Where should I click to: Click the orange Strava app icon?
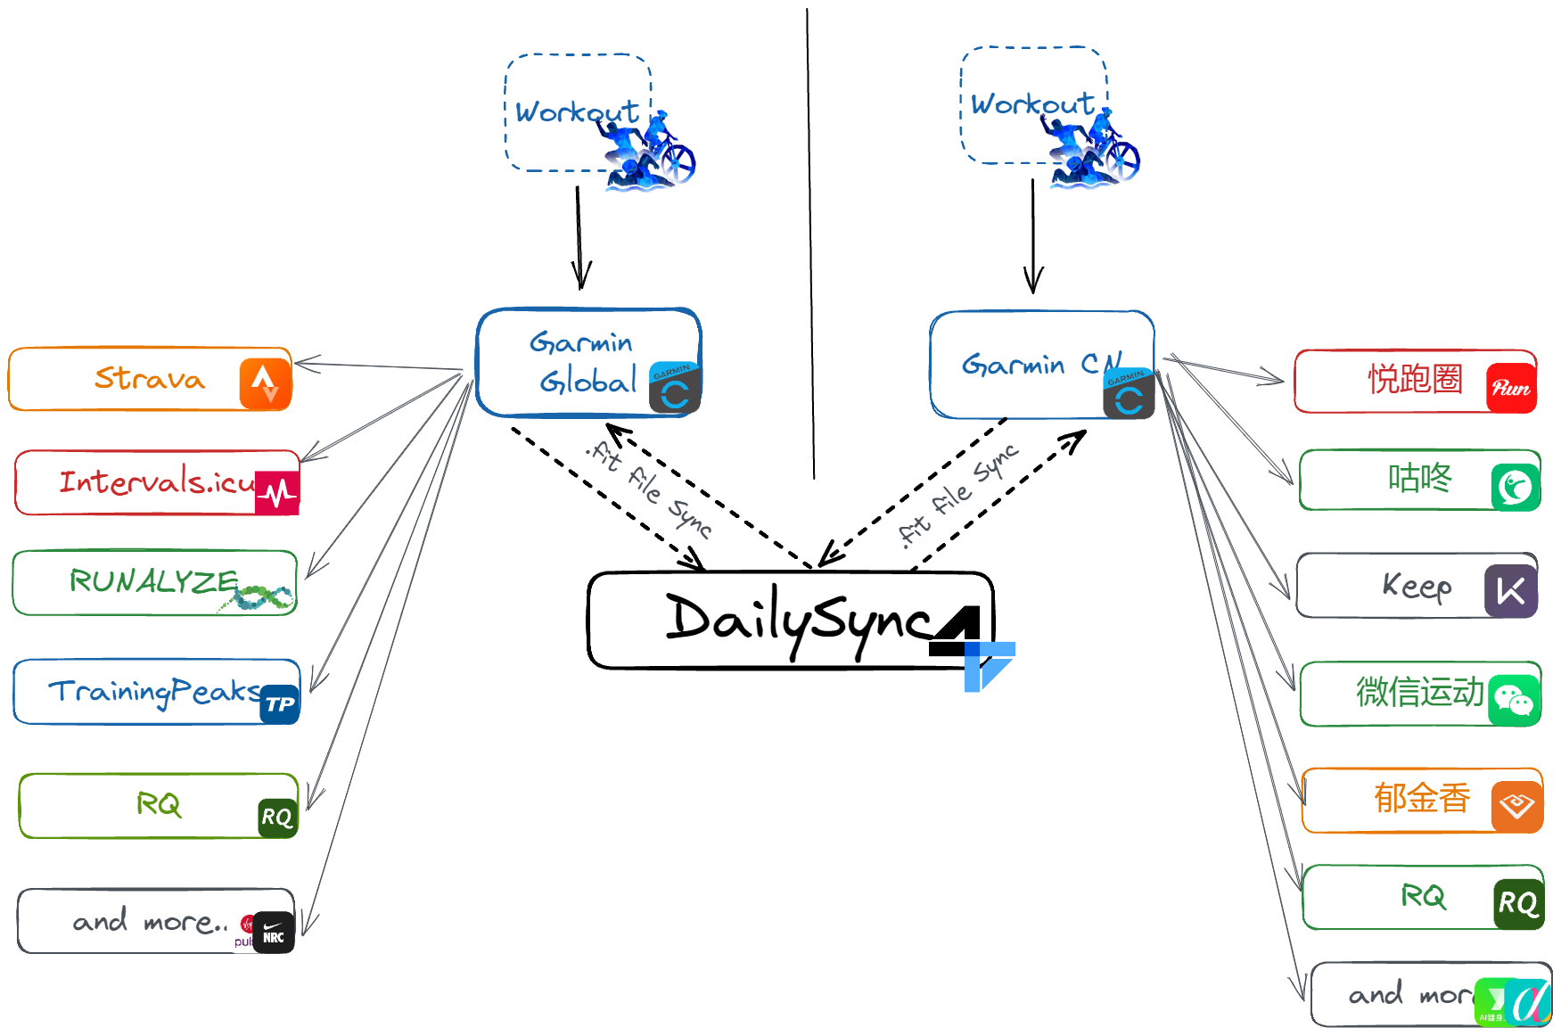pos(265,384)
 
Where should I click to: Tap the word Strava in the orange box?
pos(150,378)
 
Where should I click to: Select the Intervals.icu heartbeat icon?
pos(277,492)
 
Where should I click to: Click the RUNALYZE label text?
pos(153,581)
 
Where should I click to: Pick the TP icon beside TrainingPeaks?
pos(280,704)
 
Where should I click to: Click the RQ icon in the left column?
pos(276,817)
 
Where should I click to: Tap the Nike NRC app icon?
pos(274,933)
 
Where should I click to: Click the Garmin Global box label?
pos(584,363)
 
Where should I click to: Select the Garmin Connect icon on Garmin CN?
pos(1129,393)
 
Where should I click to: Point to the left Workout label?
pos(577,112)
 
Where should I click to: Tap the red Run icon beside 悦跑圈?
pos(1511,388)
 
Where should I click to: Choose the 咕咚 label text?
pos(1419,479)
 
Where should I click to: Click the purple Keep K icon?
pos(1510,590)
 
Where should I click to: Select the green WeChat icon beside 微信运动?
pos(1513,700)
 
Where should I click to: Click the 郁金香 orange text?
pos(1421,798)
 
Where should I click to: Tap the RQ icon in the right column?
pos(1518,903)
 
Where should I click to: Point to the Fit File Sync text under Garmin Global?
pos(650,489)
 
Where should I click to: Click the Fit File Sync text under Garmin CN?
pos(958,495)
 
